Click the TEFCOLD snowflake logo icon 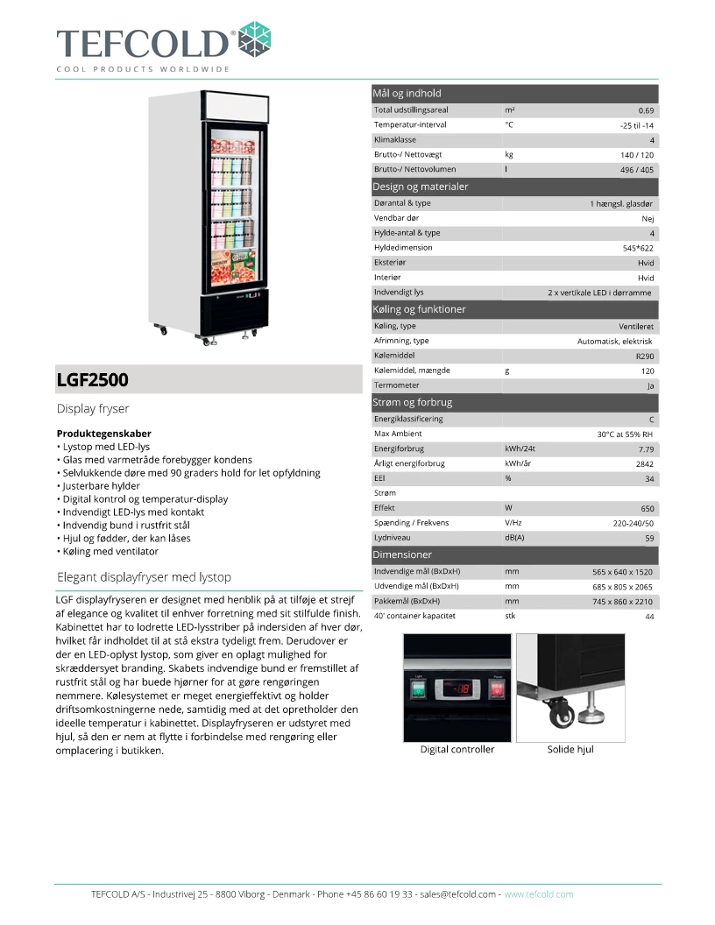click(x=255, y=39)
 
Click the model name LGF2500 click(x=93, y=380)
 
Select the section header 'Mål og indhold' click(x=407, y=93)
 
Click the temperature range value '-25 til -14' click(x=636, y=125)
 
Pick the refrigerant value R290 click(x=645, y=357)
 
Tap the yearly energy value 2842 click(x=645, y=464)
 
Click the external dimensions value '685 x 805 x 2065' click(x=623, y=586)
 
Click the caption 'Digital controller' click(x=457, y=750)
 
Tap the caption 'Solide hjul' click(x=570, y=750)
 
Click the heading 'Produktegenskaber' click(x=103, y=434)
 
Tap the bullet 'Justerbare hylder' click(x=101, y=485)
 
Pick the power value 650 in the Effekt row click(x=647, y=508)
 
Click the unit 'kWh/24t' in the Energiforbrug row click(x=520, y=448)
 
